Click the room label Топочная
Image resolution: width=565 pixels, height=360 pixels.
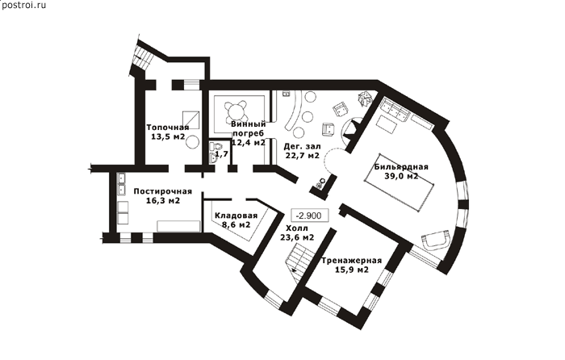pos(168,128)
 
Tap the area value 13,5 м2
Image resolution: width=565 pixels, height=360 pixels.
pos(168,137)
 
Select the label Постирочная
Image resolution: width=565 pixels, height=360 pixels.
pos(163,191)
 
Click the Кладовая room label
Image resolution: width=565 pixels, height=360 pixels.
pos(236,216)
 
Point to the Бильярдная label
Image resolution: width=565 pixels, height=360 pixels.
pos(401,167)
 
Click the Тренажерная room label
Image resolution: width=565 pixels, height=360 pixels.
pos(352,261)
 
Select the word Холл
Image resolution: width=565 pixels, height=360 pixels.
pos(297,228)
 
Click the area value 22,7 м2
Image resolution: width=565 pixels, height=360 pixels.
pos(303,156)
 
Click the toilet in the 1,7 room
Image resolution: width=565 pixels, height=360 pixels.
pos(216,146)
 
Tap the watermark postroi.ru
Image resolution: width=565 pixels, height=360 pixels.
pos(23,6)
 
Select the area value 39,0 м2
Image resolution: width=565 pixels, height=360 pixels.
pos(401,176)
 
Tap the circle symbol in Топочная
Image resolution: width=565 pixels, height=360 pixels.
pos(192,141)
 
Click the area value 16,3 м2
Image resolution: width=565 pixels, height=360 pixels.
pos(163,201)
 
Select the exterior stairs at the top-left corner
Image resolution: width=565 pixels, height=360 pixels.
pos(142,57)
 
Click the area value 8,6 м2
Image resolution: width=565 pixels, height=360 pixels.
pos(236,225)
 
